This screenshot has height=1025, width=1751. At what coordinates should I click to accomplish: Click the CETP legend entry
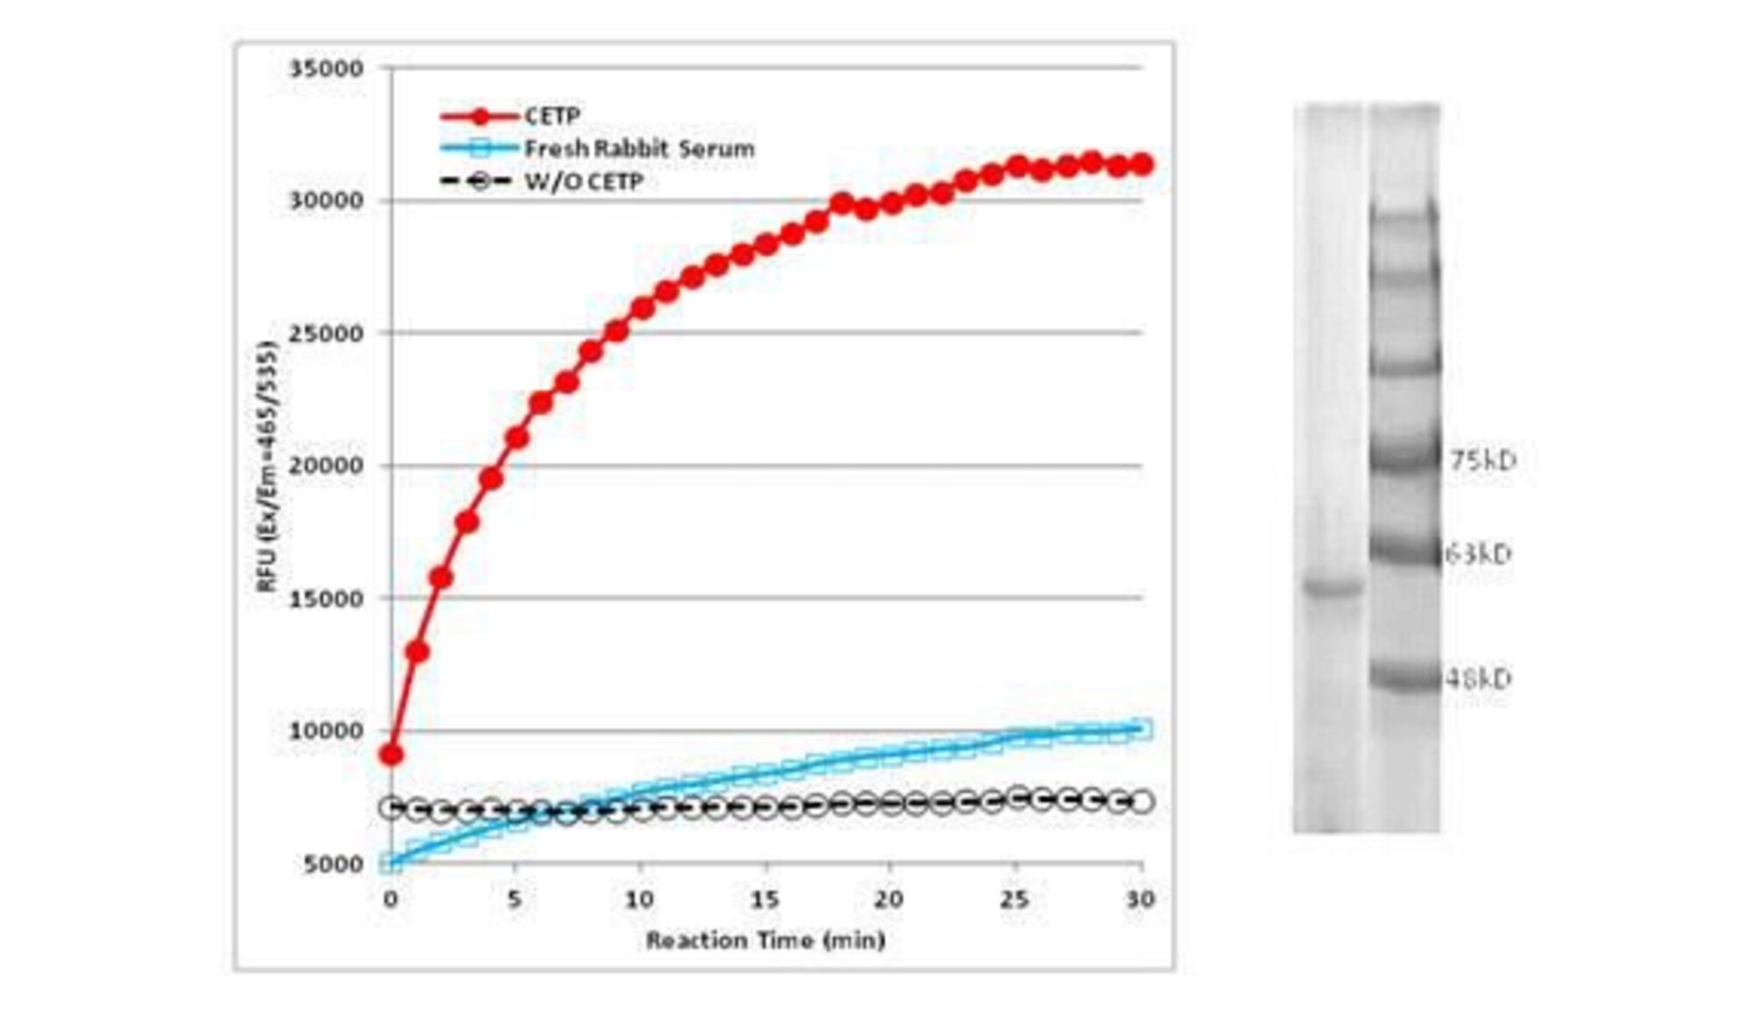coord(552,116)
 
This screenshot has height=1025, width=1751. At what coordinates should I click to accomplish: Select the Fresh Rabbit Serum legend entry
coord(638,149)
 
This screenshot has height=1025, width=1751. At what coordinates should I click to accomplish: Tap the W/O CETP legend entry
coord(583,182)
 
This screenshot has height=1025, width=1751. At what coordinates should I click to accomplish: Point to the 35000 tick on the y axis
coord(326,68)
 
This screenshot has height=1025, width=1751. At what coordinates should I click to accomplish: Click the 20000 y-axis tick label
coord(326,465)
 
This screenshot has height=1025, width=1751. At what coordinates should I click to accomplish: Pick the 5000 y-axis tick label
coord(333,864)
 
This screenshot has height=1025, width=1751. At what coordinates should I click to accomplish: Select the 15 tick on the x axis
coord(764,899)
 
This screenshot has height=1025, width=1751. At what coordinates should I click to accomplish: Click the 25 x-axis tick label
coord(1015,899)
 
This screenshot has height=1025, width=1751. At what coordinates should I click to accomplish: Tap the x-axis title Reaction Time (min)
coord(765,940)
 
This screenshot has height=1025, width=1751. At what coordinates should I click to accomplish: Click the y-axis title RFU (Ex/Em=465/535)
coord(266,467)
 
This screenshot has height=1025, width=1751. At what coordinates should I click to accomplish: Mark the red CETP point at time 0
coord(391,755)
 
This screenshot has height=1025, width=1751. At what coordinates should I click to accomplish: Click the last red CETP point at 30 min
coord(1142,164)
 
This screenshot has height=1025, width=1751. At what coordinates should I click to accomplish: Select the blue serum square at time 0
coord(390,864)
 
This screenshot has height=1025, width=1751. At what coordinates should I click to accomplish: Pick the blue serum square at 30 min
coord(1142,729)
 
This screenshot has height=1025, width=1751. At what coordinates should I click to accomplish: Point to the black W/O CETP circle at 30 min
coord(1142,802)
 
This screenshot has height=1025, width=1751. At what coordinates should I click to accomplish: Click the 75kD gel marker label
coord(1482,460)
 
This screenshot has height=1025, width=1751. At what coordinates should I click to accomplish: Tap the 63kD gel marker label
coord(1478,554)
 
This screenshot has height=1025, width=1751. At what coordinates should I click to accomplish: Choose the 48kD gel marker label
coord(1478,678)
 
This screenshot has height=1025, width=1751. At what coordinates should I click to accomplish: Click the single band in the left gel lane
coord(1333,586)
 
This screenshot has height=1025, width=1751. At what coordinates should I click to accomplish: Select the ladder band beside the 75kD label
coord(1405,457)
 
